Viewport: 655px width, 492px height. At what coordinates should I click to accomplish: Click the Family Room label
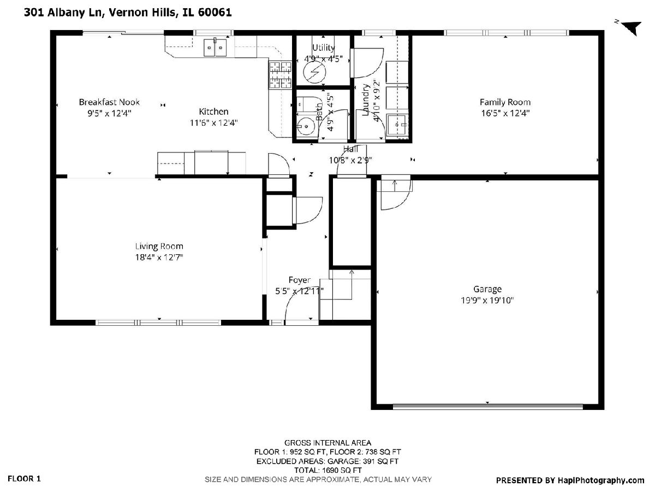[x=505, y=102]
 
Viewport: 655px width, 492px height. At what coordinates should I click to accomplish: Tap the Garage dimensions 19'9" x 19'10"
[x=487, y=300]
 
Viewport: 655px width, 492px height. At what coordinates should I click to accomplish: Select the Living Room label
[x=159, y=246]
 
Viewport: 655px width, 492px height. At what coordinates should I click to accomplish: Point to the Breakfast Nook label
[x=109, y=102]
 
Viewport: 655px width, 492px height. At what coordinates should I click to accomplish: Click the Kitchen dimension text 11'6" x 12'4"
[x=213, y=123]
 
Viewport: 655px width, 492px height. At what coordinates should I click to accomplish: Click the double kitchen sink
[x=215, y=47]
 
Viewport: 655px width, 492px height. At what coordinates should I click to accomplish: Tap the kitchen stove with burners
[x=280, y=75]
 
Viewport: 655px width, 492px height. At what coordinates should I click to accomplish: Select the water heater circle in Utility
[x=314, y=72]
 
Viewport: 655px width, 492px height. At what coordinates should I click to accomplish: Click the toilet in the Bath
[x=305, y=104]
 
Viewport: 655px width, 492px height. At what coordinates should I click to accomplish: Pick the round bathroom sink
[x=306, y=127]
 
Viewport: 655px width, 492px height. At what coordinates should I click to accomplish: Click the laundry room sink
[x=397, y=125]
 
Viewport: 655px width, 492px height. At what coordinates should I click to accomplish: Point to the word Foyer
[x=299, y=280]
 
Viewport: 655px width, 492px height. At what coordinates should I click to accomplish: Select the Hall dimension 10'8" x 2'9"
[x=350, y=160]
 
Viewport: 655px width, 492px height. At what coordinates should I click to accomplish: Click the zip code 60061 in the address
[x=215, y=12]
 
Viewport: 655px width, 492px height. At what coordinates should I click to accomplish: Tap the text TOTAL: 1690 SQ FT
[x=327, y=470]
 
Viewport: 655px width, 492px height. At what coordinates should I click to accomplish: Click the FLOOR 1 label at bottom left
[x=24, y=478]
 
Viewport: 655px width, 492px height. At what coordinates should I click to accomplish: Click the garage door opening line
[x=487, y=406]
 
